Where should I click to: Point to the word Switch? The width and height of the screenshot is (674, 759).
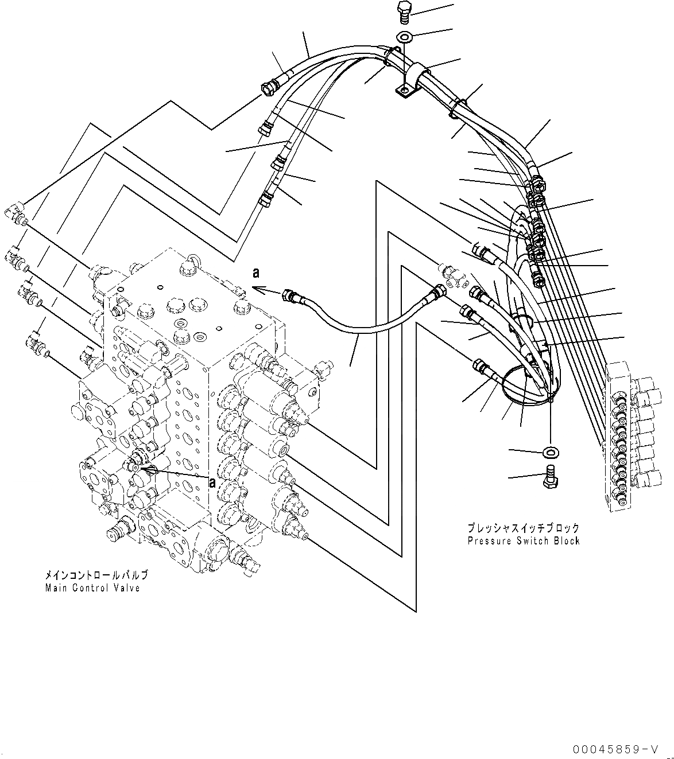530,541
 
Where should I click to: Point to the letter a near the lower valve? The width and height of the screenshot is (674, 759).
212,482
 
